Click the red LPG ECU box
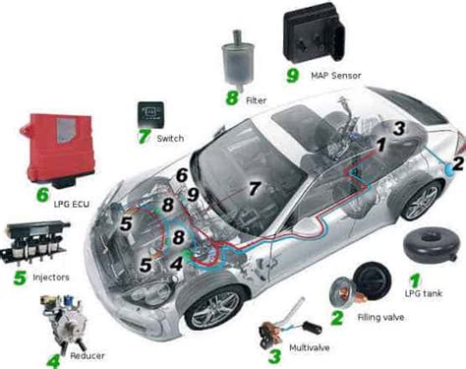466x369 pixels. (x=58, y=150)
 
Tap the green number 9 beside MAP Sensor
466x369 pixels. (x=293, y=76)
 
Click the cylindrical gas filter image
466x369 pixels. (x=237, y=60)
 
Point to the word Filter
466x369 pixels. (x=257, y=100)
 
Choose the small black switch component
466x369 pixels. (x=150, y=114)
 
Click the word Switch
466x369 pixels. (x=170, y=139)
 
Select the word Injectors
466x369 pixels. (x=51, y=277)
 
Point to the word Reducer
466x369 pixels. (x=87, y=355)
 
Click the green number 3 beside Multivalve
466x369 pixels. (x=274, y=357)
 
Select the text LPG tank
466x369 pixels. (x=424, y=293)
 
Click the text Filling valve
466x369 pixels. (x=380, y=317)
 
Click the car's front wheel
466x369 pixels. (x=215, y=309)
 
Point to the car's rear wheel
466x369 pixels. (x=422, y=201)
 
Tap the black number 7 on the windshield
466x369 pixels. (x=254, y=188)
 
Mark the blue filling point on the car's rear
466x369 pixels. (x=449, y=169)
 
